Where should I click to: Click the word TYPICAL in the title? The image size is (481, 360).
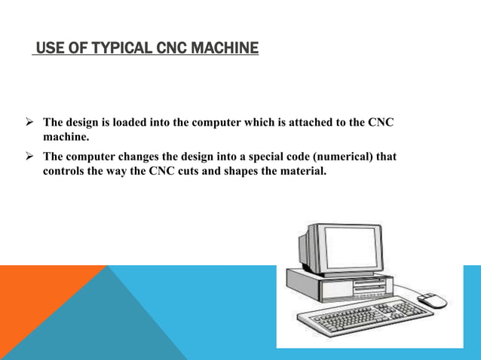[115, 50]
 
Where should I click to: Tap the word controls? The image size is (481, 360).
[66, 171]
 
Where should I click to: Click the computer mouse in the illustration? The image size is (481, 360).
[430, 299]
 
